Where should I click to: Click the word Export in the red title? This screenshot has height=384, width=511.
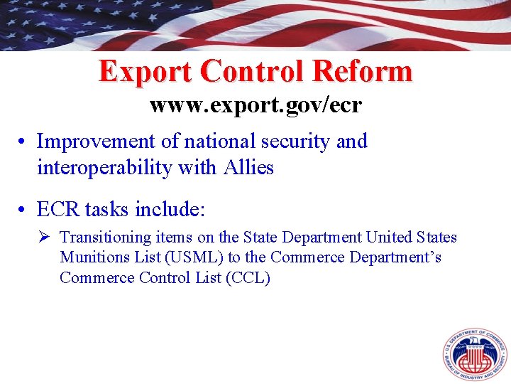point(145,71)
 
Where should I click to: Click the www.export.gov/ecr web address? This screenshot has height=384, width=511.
point(255,106)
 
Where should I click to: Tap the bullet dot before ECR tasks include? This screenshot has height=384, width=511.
point(23,210)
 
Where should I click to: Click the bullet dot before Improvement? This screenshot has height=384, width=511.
point(23,141)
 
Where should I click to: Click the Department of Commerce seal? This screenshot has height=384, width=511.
point(473,354)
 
